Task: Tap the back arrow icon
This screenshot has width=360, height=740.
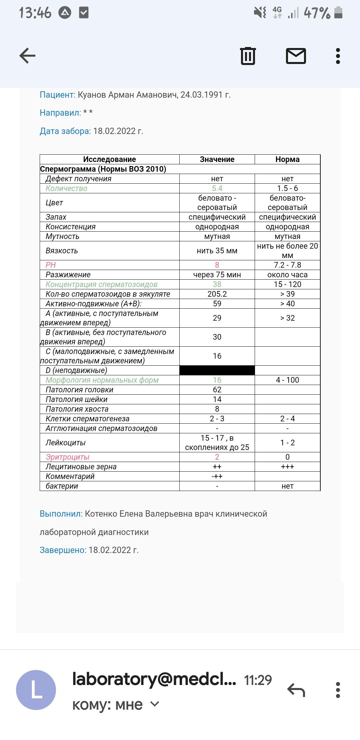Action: click(x=27, y=56)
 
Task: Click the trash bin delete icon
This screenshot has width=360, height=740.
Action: click(x=248, y=56)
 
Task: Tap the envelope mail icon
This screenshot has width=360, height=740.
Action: click(x=296, y=56)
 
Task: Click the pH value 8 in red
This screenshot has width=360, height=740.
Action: click(x=217, y=265)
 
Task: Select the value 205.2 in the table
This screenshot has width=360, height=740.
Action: click(x=217, y=294)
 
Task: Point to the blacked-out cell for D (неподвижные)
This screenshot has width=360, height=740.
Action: click(x=217, y=370)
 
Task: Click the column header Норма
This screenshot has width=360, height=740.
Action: click(x=287, y=159)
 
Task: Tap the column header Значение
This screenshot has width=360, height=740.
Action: click(x=217, y=159)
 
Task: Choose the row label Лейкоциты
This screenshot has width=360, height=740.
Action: click(x=66, y=443)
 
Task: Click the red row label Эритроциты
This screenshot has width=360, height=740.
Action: click(x=68, y=457)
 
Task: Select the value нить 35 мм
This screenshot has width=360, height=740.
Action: click(x=217, y=251)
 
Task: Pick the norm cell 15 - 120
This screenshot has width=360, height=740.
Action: click(x=287, y=284)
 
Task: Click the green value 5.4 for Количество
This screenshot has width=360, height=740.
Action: click(x=217, y=188)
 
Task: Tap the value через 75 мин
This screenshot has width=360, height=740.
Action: click(x=217, y=275)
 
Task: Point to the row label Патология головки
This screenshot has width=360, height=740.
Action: click(x=79, y=390)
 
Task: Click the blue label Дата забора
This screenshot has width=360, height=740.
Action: click(x=65, y=131)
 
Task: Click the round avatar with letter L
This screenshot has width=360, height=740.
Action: click(x=36, y=690)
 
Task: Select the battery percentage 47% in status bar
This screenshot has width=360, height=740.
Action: click(x=317, y=13)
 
